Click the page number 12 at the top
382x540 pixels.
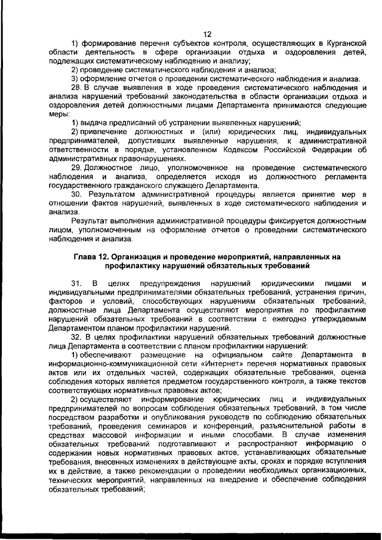tap(208, 34)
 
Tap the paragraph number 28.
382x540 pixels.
tap(77, 88)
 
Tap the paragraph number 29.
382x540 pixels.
tap(77, 169)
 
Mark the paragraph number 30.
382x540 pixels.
tap(77, 195)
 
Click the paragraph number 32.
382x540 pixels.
tap(77, 337)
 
